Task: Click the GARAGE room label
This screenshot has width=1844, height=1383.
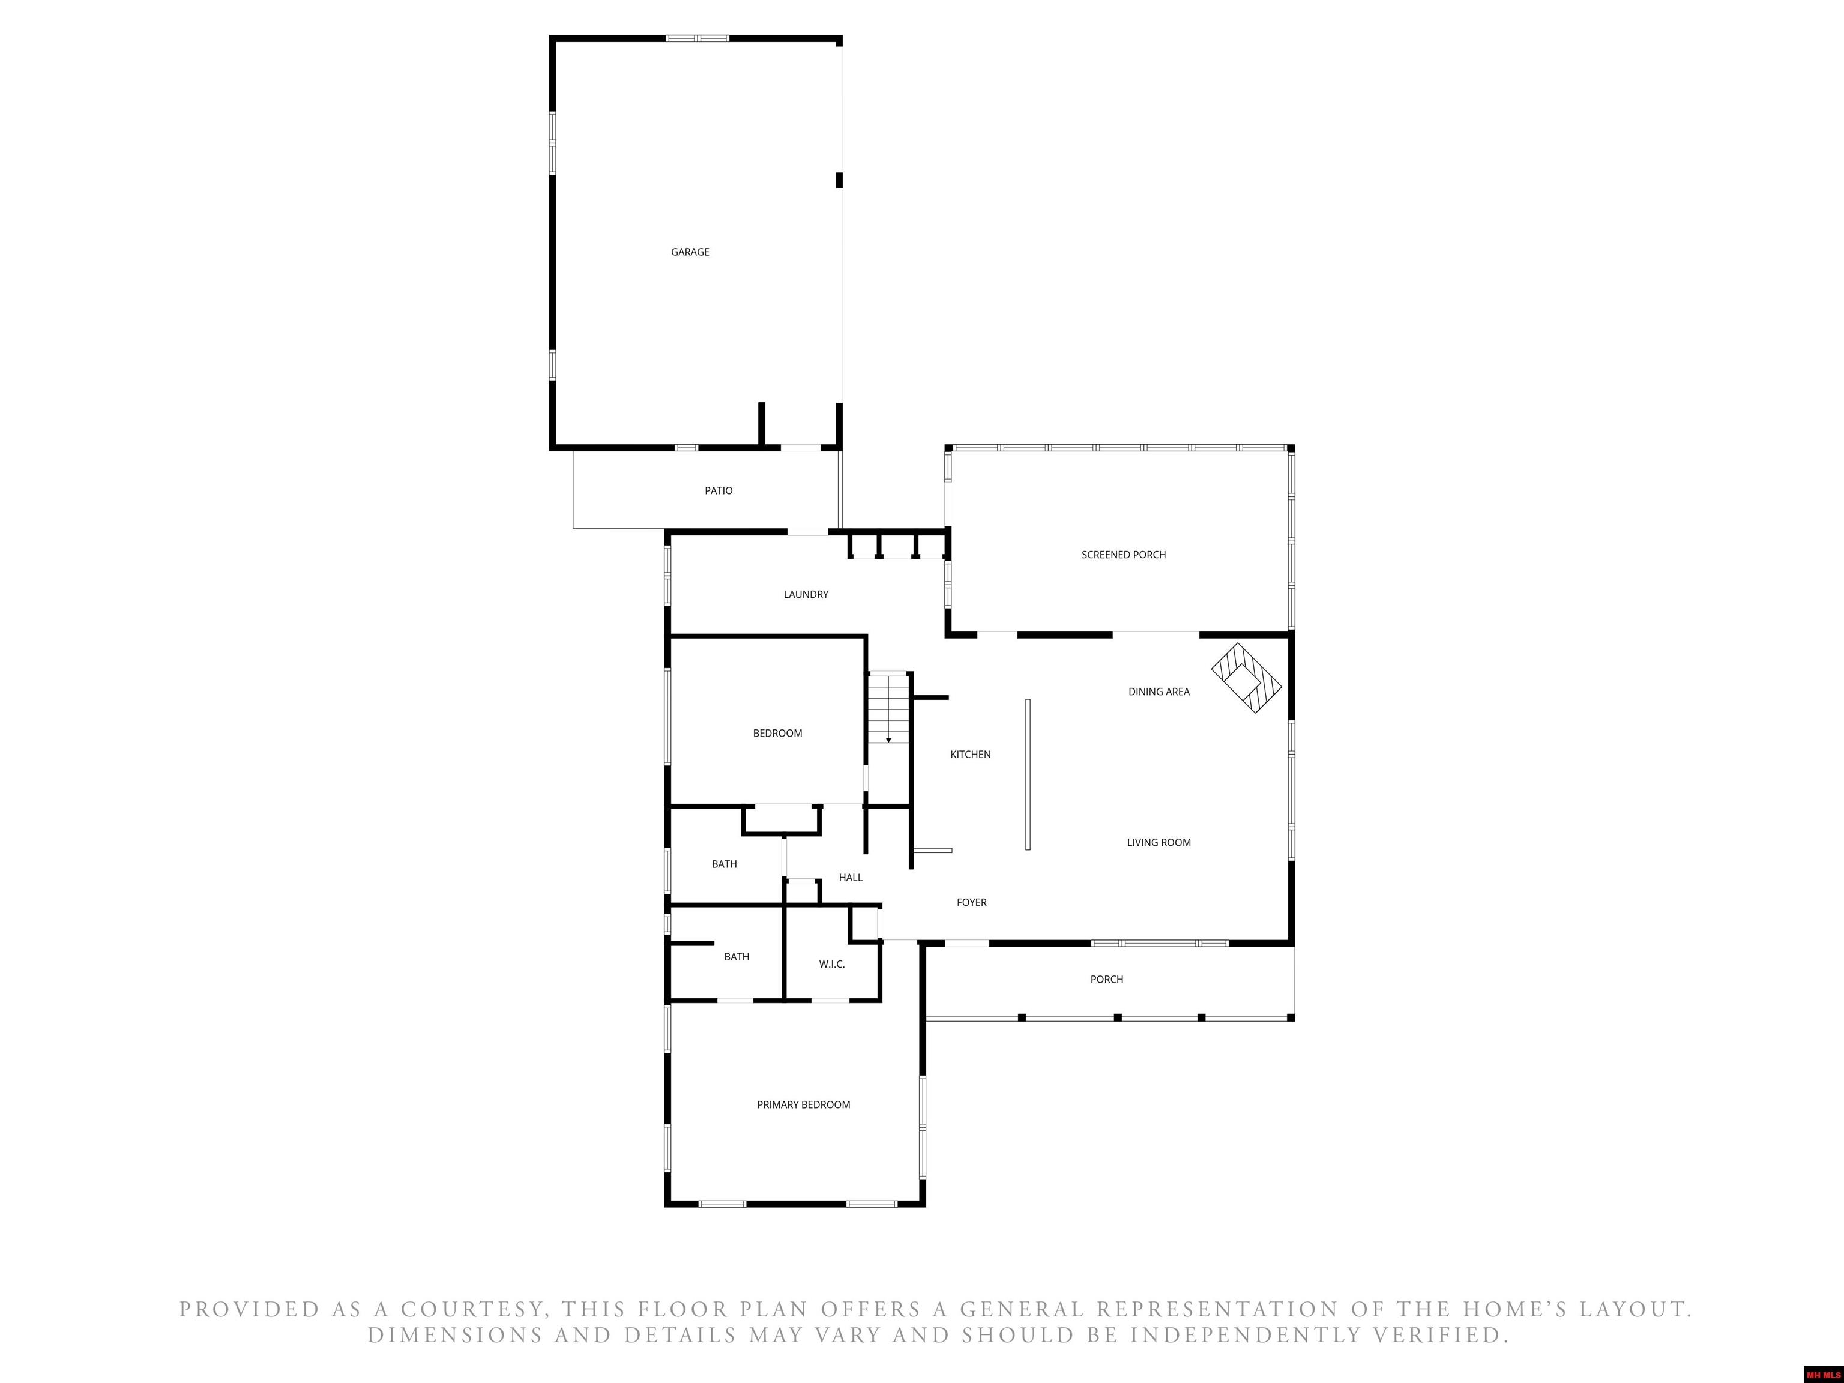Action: click(690, 252)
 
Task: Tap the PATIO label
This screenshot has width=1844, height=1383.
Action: click(719, 491)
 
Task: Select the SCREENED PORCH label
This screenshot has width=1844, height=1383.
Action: click(1124, 555)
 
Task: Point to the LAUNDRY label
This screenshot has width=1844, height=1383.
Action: click(806, 594)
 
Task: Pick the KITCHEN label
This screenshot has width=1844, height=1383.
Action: click(971, 755)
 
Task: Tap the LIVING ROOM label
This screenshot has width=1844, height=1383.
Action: click(1159, 843)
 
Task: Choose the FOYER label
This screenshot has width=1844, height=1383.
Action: click(972, 903)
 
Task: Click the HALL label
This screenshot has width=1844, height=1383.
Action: click(851, 878)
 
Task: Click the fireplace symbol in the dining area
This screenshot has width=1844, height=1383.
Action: click(1246, 678)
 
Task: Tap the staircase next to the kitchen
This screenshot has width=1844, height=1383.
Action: click(888, 708)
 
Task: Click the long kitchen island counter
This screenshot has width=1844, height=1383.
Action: click(1028, 774)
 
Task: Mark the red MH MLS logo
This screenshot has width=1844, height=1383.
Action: click(1823, 1375)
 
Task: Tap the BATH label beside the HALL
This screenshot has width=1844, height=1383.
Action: click(725, 864)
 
